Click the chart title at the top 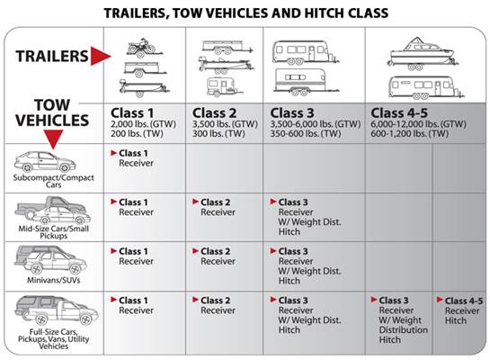(246, 13)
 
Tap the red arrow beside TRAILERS (101, 56)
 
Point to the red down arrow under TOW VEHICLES (53, 139)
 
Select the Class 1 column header (132, 112)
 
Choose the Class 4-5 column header (399, 112)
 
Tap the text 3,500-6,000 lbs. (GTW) (316, 124)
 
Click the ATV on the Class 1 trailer (141, 47)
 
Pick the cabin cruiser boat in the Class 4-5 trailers (421, 53)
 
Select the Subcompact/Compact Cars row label (53, 181)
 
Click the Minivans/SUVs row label (53, 280)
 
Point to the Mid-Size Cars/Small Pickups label (53, 232)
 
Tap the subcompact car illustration (45, 162)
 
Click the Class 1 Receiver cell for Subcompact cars (133, 157)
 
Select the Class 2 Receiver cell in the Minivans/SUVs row (214, 256)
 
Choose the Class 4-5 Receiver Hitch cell (459, 310)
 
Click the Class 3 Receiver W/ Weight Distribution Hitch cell (399, 319)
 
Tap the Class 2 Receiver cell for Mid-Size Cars (214, 207)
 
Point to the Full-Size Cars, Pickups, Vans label (53, 339)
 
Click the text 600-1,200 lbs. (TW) (409, 134)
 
